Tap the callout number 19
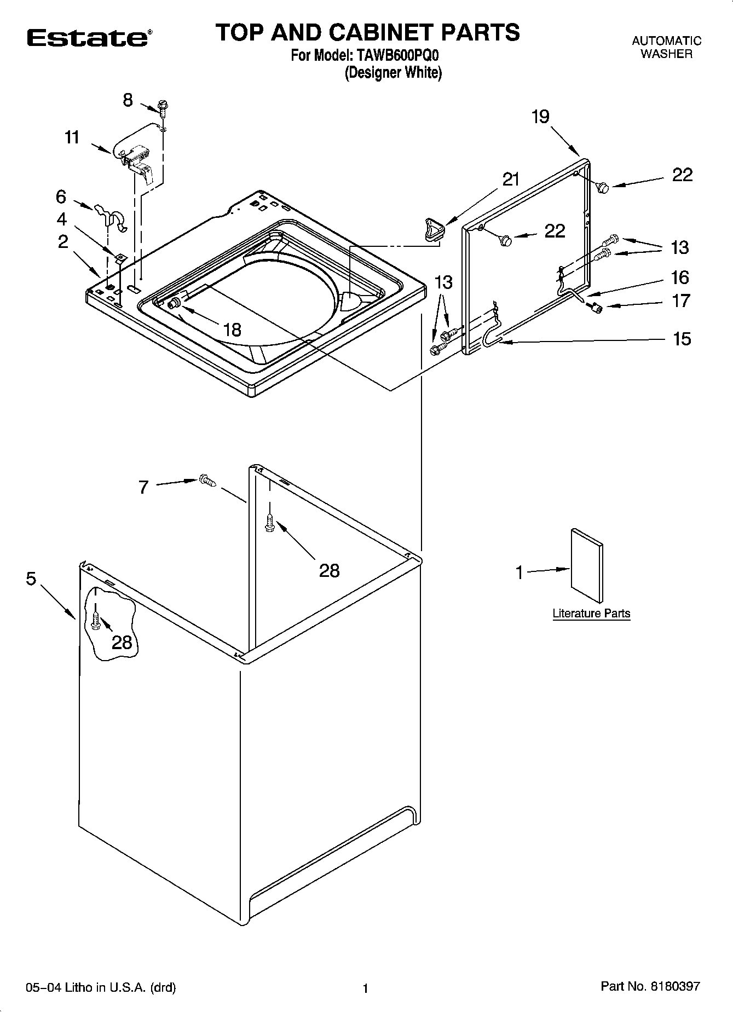(x=540, y=117)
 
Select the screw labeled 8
(x=163, y=106)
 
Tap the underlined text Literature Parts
(x=591, y=614)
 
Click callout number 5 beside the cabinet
(x=31, y=578)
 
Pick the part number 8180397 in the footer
(x=674, y=987)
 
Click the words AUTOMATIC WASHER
(x=666, y=47)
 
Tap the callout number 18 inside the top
(x=233, y=329)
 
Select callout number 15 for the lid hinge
(x=682, y=339)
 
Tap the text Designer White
(x=393, y=73)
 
